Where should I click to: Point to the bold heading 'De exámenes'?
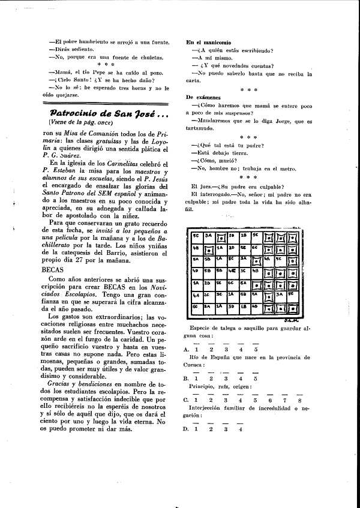pyautogui.click(x=203, y=97)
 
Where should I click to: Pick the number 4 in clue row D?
pyautogui.click(x=240, y=429)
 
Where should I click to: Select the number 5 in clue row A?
pyautogui.click(x=256, y=349)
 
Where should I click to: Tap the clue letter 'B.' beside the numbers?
pyautogui.click(x=187, y=378)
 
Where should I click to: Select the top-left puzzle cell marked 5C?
pyautogui.click(x=196, y=235)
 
